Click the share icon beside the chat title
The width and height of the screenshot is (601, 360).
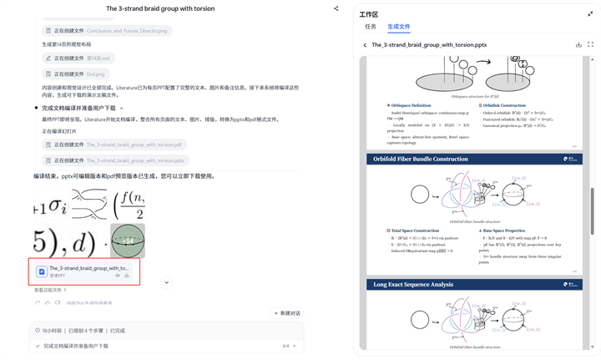(x=336, y=9)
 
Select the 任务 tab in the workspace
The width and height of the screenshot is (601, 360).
(x=371, y=27)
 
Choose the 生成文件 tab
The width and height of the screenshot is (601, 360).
(x=398, y=27)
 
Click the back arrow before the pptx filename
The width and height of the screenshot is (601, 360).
(x=365, y=45)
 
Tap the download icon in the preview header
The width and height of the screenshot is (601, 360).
(x=578, y=45)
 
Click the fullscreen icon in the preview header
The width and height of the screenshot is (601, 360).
(x=590, y=45)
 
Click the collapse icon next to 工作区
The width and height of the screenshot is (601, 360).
(x=590, y=13)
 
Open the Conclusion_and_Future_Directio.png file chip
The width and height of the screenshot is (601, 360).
(x=107, y=31)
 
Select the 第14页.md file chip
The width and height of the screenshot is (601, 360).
(x=79, y=58)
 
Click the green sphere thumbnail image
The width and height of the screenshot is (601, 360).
(x=128, y=241)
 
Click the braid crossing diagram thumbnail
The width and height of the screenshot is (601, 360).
(x=89, y=204)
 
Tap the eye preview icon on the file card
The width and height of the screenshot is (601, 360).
(x=118, y=275)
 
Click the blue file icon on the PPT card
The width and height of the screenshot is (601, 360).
(x=42, y=271)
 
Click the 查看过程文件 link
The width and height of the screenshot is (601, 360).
(x=50, y=290)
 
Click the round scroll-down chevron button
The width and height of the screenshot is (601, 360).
(x=166, y=282)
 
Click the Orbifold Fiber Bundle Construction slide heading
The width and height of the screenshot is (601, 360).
(x=420, y=159)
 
